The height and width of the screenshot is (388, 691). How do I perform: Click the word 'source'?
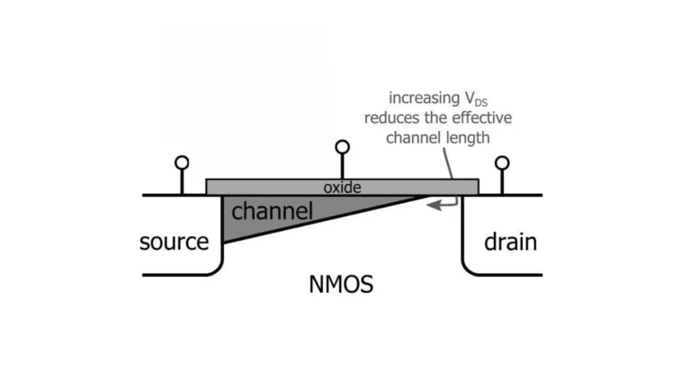tap(174, 242)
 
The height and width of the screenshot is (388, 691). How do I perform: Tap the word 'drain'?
tap(510, 242)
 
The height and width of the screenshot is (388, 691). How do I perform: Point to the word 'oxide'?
tap(342, 187)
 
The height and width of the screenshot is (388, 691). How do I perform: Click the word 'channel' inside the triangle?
tap(272, 213)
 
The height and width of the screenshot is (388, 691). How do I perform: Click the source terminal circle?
tap(182, 163)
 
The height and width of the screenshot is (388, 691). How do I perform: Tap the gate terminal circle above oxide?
tap(342, 147)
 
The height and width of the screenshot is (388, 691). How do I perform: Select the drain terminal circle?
tap(502, 163)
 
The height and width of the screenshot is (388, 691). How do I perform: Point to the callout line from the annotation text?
tap(447, 163)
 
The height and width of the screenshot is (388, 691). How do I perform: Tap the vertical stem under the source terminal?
tap(182, 181)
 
